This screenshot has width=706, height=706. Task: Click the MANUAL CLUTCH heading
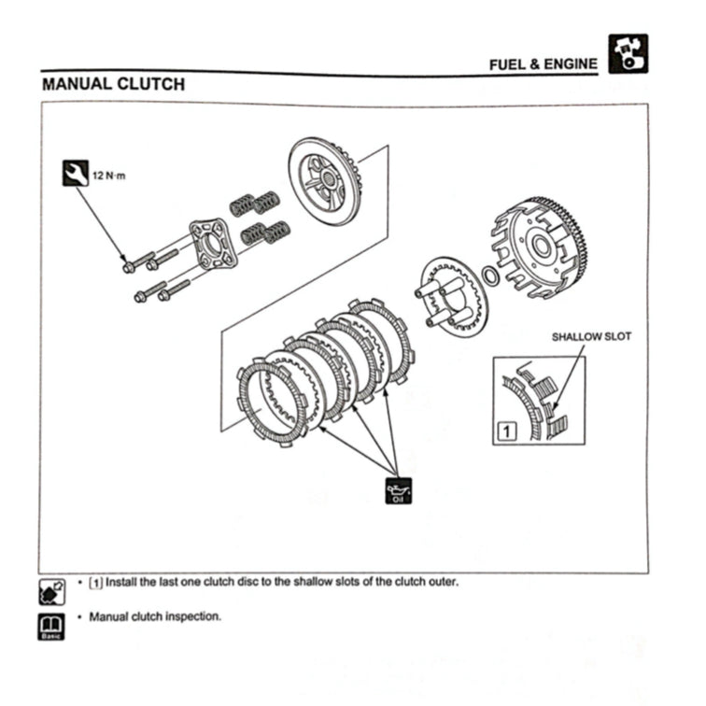tap(113, 84)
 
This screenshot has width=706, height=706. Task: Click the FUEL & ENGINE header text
tap(543, 64)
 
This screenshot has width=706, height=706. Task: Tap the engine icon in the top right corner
tap(628, 54)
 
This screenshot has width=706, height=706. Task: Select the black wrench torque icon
tap(76, 173)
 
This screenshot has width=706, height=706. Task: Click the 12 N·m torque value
tap(109, 175)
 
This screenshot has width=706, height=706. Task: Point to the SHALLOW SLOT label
tap(589, 337)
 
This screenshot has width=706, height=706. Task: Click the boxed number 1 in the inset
tap(505, 431)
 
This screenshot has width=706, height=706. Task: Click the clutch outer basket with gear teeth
tap(541, 247)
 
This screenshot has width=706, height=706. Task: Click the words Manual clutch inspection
tap(155, 617)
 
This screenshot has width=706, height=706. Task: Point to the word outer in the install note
tap(440, 582)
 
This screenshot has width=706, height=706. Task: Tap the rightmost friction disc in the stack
tap(381, 340)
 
